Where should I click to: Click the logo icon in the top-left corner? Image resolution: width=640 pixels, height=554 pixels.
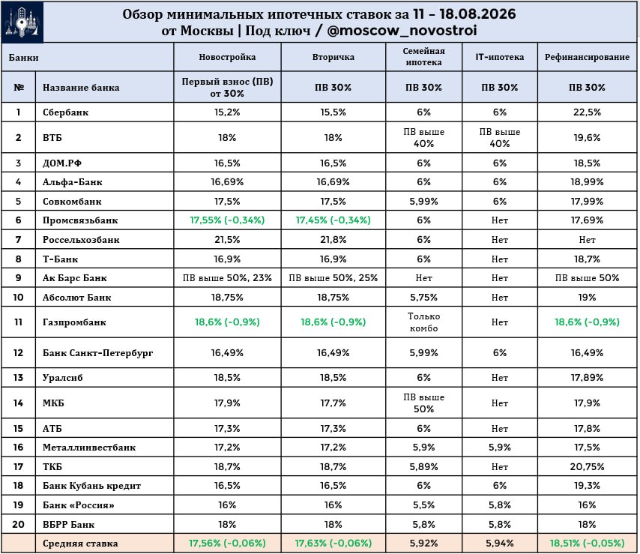[22, 22]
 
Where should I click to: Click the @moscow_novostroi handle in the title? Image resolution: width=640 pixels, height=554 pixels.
[402, 31]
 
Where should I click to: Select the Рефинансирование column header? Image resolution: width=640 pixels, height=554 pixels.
[587, 57]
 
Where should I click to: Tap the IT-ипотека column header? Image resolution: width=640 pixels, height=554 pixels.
[500, 57]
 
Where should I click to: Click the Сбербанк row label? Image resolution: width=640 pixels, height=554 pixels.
[66, 112]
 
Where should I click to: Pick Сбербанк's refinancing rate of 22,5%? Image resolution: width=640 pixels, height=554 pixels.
[587, 112]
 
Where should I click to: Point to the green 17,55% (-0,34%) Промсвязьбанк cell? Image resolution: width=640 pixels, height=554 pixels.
[227, 220]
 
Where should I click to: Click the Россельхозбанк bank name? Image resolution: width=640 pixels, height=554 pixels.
[81, 240]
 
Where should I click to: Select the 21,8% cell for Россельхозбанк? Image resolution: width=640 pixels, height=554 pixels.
[333, 240]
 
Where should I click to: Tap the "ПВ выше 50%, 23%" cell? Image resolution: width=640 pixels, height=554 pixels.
[227, 278]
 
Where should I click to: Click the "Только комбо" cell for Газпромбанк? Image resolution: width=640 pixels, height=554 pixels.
[423, 322]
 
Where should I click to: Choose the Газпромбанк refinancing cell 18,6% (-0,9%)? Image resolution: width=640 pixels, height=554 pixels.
[587, 322]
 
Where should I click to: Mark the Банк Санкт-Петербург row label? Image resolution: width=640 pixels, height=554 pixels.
[98, 353]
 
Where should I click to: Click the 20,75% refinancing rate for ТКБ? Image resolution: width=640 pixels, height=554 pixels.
[587, 466]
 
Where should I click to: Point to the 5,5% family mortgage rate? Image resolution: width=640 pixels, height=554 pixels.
[423, 505]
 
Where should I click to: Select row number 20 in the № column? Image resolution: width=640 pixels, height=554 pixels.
[19, 524]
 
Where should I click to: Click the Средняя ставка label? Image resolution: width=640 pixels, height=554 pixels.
[80, 544]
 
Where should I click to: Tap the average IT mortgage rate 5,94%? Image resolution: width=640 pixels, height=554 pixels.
[500, 544]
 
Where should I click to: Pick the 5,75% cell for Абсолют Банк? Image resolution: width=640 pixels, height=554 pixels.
[423, 297]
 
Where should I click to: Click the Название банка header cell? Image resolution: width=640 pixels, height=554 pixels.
[81, 88]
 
